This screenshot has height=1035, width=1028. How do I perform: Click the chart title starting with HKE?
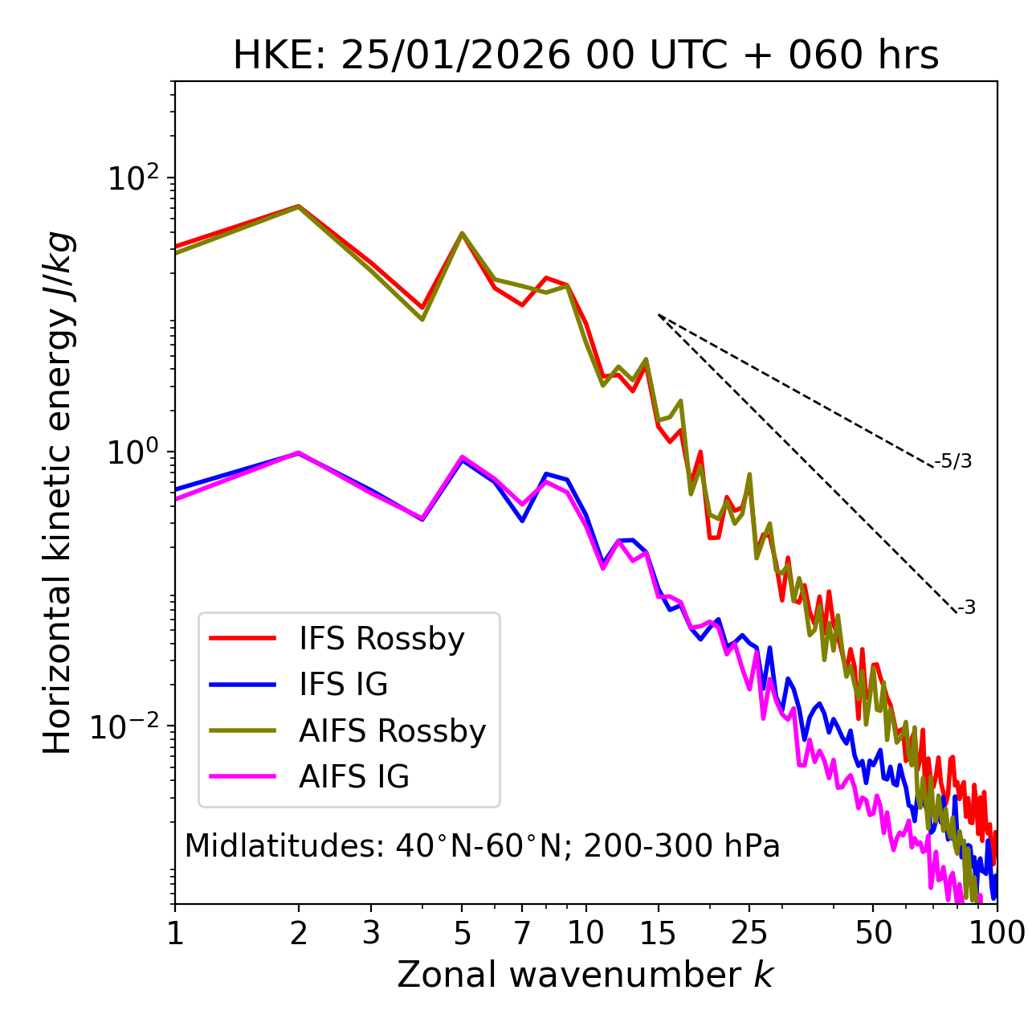pyautogui.click(x=585, y=56)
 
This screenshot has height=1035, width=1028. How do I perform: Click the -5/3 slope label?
pyautogui.click(x=953, y=461)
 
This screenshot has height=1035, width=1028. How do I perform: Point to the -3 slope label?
pyautogui.click(x=966, y=607)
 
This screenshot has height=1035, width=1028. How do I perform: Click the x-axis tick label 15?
pyautogui.click(x=658, y=933)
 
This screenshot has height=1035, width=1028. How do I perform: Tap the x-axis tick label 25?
pyautogui.click(x=749, y=933)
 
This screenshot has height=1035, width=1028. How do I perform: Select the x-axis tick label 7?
pyautogui.click(x=522, y=933)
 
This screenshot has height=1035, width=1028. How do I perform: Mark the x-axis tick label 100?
pyautogui.click(x=997, y=933)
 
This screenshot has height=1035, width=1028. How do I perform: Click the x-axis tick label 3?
pyautogui.click(x=371, y=933)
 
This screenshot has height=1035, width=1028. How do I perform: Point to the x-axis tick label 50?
pyautogui.click(x=873, y=933)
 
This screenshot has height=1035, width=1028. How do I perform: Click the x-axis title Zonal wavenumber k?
pyautogui.click(x=585, y=975)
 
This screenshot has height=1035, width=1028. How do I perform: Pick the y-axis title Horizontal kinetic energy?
pyautogui.click(x=58, y=493)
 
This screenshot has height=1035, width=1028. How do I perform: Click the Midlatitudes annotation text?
pyautogui.click(x=482, y=846)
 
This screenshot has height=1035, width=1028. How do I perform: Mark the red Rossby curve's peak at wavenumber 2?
pyautogui.click(x=299, y=207)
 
